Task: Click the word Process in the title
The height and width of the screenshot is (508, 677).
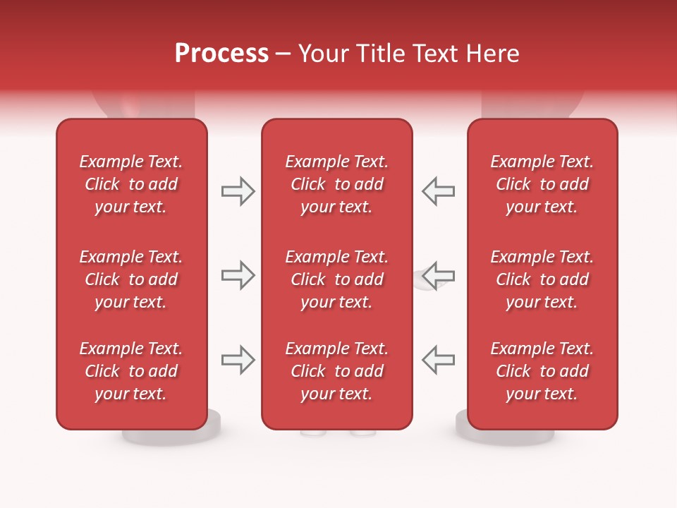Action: click(221, 54)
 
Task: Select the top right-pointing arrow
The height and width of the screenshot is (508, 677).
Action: click(238, 191)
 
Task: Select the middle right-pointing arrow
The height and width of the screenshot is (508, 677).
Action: click(238, 275)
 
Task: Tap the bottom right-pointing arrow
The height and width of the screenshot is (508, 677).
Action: click(238, 360)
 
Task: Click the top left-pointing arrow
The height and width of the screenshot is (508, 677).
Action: click(438, 191)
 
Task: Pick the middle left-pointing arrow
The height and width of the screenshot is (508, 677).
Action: click(438, 275)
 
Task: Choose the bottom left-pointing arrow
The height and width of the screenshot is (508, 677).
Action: click(438, 360)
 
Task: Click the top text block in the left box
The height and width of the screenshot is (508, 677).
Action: click(131, 184)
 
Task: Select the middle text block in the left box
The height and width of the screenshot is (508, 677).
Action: click(131, 279)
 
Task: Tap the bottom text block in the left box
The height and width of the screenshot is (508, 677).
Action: click(131, 371)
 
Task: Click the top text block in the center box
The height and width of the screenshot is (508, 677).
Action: click(336, 184)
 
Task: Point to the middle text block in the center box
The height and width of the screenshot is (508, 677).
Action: click(336, 279)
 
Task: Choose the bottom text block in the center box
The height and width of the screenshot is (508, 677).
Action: click(336, 371)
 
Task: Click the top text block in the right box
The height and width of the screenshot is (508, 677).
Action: click(542, 184)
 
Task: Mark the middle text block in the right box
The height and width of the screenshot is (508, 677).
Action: click(542, 279)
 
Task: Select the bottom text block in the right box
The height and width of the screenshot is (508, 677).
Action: click(542, 371)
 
